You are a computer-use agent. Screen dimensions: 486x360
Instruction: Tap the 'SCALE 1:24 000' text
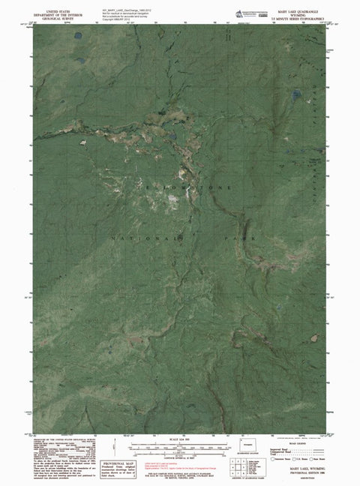click(180, 439)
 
